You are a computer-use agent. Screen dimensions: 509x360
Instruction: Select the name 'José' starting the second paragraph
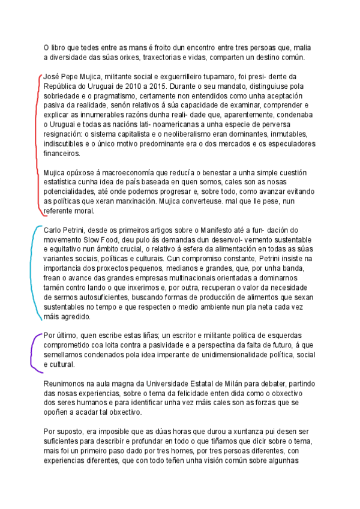click(x=52, y=77)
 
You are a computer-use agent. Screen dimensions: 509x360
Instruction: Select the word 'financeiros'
click(x=61, y=153)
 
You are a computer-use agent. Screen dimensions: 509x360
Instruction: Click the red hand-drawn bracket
click(x=40, y=144)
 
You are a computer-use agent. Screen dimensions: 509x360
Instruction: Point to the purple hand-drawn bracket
click(x=34, y=351)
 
